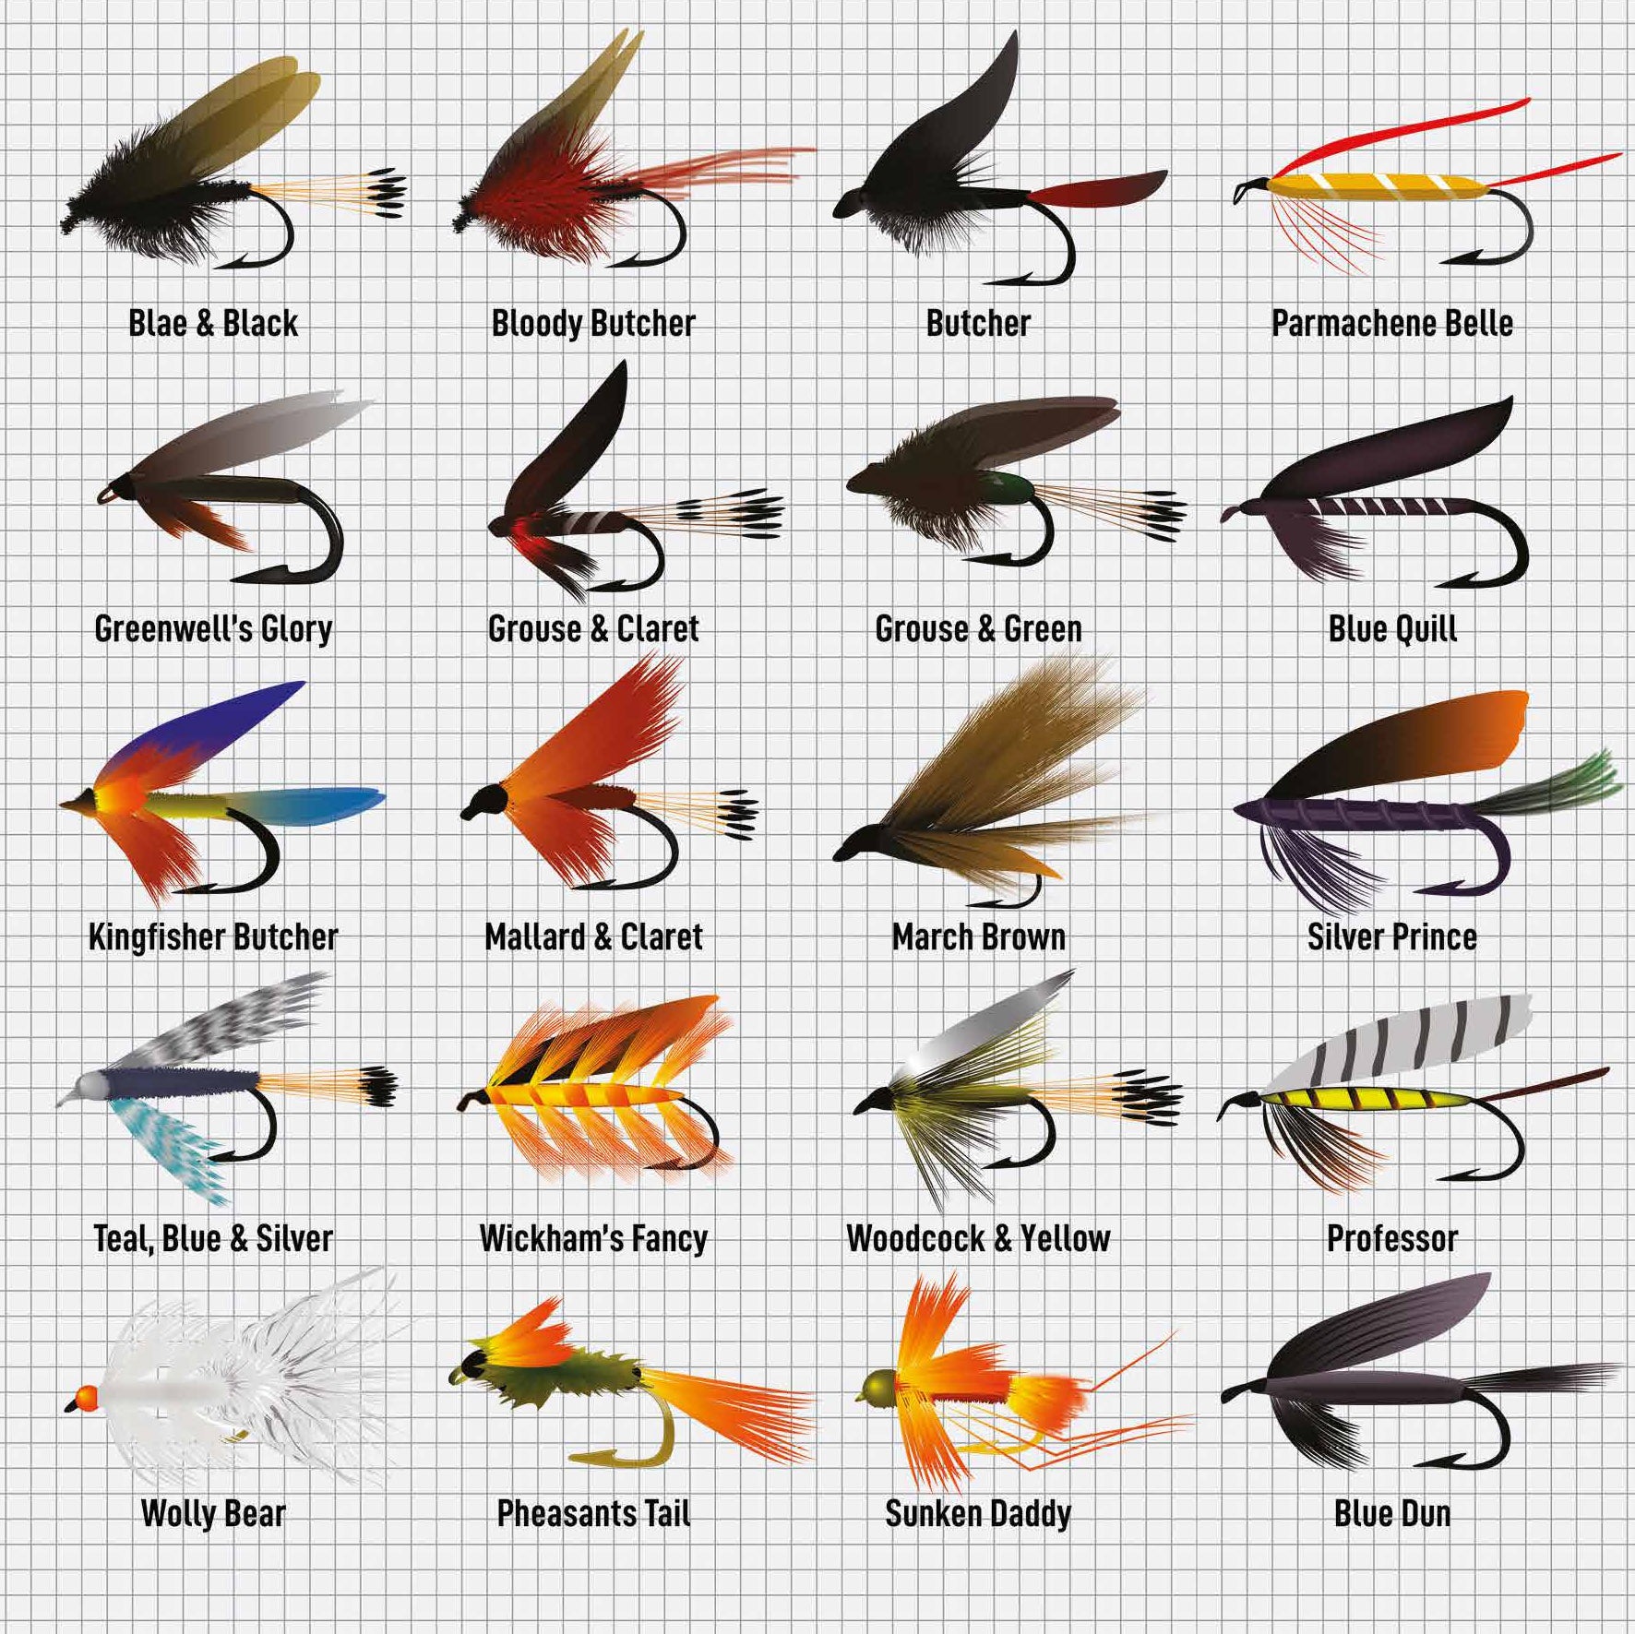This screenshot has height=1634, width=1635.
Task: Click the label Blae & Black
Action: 213,324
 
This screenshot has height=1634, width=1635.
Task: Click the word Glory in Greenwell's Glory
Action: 296,629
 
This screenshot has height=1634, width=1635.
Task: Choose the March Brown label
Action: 979,937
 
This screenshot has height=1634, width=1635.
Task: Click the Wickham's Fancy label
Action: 593,1238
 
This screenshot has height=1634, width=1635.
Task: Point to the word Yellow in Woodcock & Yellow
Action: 1065,1238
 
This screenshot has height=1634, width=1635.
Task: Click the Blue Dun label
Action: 1392,1513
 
